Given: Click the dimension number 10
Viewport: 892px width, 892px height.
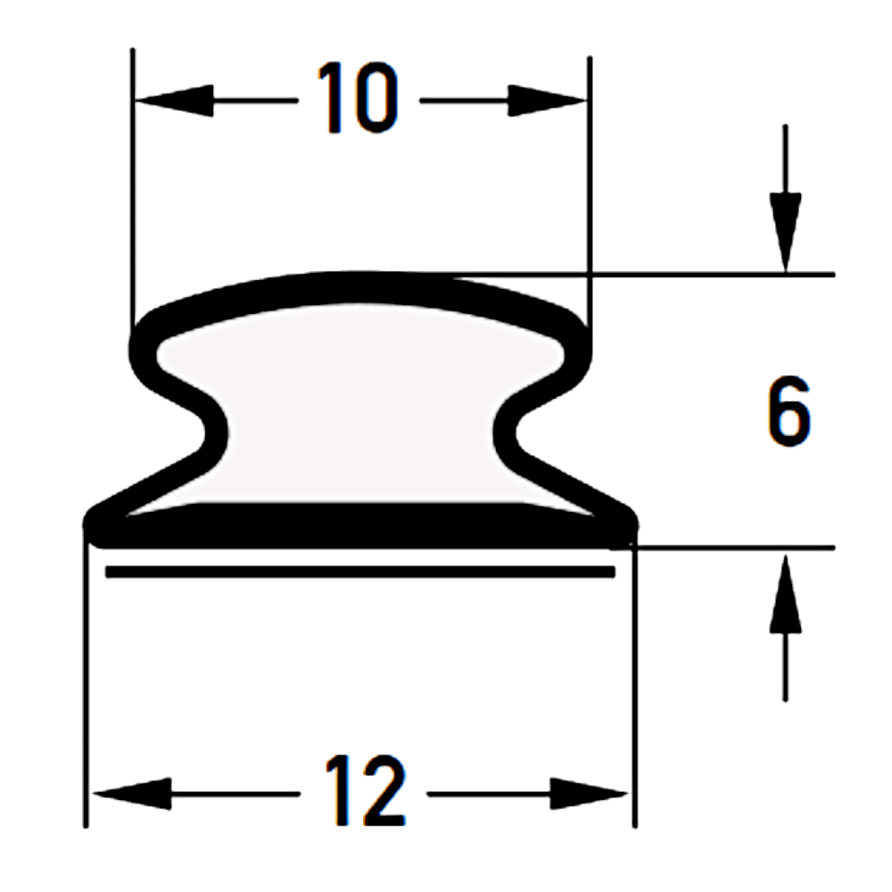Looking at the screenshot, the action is (x=359, y=98).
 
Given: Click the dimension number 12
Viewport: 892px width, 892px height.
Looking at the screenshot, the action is (x=366, y=789).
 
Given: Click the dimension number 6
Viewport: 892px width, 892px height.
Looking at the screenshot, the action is (x=789, y=410).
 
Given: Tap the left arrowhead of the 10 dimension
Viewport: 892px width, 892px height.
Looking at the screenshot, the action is (x=174, y=101).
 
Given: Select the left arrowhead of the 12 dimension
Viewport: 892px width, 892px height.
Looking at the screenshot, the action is (x=132, y=794).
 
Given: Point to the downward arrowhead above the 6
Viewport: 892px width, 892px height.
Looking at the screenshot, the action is (x=786, y=233).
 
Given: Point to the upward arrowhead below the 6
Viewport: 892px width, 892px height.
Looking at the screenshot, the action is (x=786, y=594).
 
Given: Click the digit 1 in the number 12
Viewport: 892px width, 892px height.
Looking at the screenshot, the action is (x=337, y=789).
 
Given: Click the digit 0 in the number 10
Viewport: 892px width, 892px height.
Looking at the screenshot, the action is (x=376, y=98).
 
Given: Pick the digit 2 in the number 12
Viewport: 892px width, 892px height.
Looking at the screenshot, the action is (x=384, y=789).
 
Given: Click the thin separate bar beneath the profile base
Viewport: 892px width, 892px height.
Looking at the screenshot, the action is (x=360, y=572).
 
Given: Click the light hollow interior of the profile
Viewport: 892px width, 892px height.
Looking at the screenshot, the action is (x=360, y=404).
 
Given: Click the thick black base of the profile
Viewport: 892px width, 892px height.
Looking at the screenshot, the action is (x=360, y=526).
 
